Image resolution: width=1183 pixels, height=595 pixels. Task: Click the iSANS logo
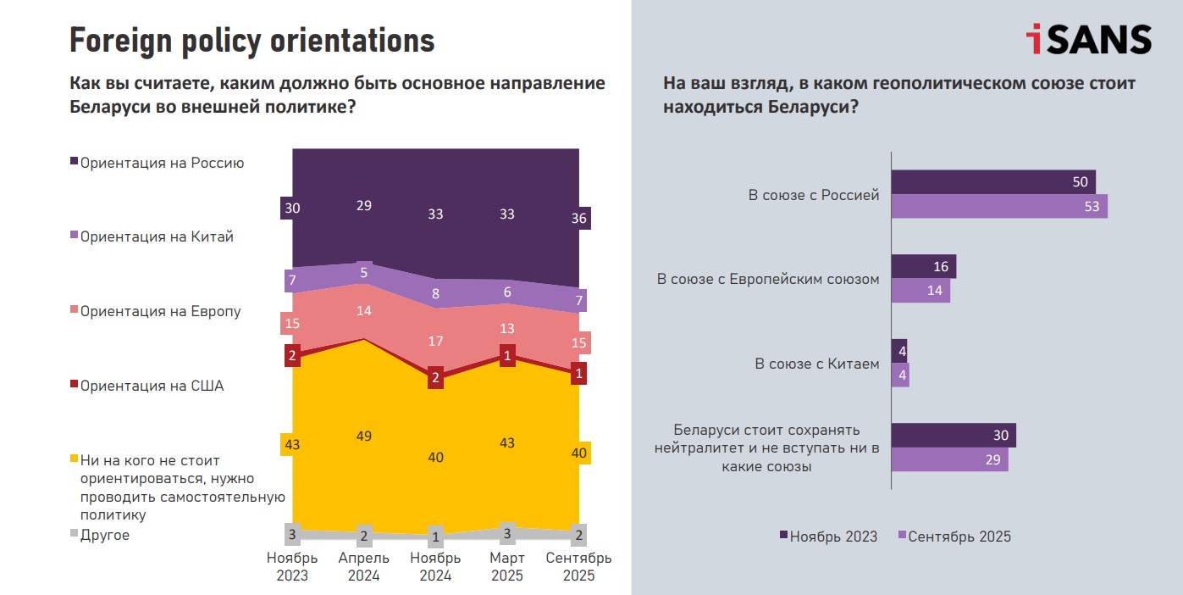(x=1088, y=40)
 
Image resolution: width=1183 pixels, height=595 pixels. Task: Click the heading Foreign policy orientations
(x=252, y=40)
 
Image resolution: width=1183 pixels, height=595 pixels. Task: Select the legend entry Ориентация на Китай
(x=156, y=236)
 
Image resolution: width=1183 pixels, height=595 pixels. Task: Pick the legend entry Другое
(x=104, y=535)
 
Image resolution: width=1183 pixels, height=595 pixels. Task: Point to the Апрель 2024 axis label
(x=364, y=566)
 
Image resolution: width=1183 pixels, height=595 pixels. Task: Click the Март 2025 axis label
(x=507, y=566)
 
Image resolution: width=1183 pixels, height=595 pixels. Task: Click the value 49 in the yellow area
(x=364, y=436)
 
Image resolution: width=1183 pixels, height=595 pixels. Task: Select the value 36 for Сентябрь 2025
(x=579, y=218)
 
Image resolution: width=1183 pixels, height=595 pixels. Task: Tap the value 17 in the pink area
(x=435, y=341)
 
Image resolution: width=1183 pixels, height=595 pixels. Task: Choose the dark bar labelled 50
(x=993, y=182)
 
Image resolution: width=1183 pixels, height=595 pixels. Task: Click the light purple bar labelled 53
(x=999, y=206)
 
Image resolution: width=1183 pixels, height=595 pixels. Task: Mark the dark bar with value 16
(x=924, y=266)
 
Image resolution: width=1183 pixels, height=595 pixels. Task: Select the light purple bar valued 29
(x=949, y=459)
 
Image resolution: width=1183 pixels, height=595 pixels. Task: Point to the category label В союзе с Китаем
(x=816, y=364)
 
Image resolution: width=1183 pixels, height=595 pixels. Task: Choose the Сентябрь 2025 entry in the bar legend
(x=959, y=536)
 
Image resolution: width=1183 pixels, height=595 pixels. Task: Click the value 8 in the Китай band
(x=435, y=294)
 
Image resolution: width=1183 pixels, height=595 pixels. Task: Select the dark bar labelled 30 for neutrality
(x=954, y=435)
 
